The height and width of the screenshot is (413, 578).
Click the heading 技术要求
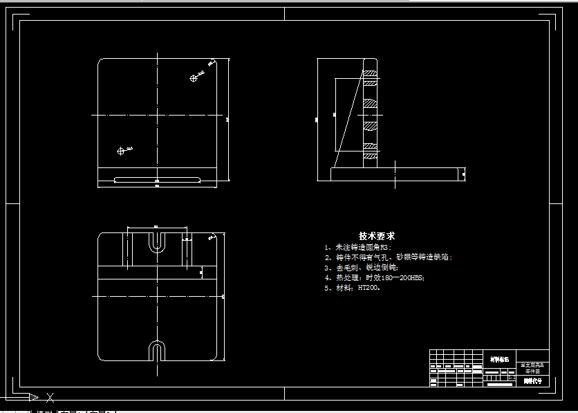click(377, 236)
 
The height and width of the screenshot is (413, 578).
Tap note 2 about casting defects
click(388, 257)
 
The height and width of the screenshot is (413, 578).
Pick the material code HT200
click(367, 288)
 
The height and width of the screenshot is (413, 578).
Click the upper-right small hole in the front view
click(194, 78)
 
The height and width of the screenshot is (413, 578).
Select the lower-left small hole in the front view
click(121, 150)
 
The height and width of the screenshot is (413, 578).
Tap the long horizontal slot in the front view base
click(158, 180)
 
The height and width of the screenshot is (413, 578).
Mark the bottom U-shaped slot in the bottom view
click(158, 351)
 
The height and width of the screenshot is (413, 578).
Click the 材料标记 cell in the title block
click(498, 359)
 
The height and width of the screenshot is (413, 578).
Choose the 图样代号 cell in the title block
click(532, 380)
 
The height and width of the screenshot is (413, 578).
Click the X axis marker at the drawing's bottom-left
click(50, 397)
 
